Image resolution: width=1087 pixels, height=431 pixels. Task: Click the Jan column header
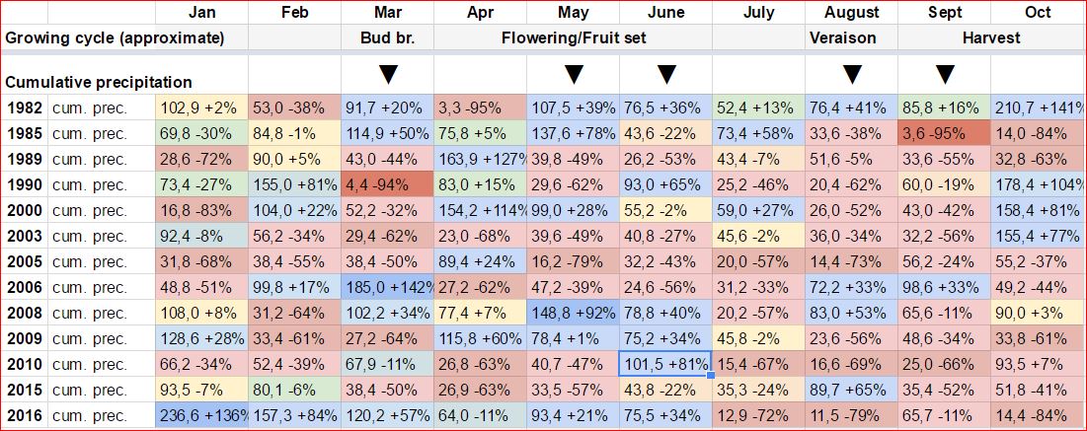pos(201,13)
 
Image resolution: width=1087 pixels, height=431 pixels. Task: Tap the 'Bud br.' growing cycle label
pos(387,38)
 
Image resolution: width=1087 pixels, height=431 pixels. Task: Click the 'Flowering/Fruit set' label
pos(573,38)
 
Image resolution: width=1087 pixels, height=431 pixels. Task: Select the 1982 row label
pos(24,108)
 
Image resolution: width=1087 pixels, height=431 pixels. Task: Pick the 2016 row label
pos(24,416)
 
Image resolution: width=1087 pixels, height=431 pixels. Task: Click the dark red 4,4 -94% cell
pos(387,185)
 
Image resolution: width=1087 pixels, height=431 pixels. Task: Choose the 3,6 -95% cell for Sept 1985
pos(944,134)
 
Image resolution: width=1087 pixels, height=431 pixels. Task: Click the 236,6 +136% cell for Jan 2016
pos(202,416)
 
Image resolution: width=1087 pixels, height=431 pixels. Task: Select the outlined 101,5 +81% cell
pos(665,365)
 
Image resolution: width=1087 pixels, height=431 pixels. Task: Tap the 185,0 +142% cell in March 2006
pos(387,288)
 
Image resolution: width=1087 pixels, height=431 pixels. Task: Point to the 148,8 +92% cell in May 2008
pos(573,314)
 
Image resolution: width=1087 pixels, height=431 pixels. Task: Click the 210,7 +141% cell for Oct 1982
pos(1038,108)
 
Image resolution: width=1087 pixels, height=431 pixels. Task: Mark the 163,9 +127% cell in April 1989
pos(480,160)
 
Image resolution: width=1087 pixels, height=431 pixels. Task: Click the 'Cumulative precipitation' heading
pos(99,82)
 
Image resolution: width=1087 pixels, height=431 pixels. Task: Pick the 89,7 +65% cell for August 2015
pos(851,391)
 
